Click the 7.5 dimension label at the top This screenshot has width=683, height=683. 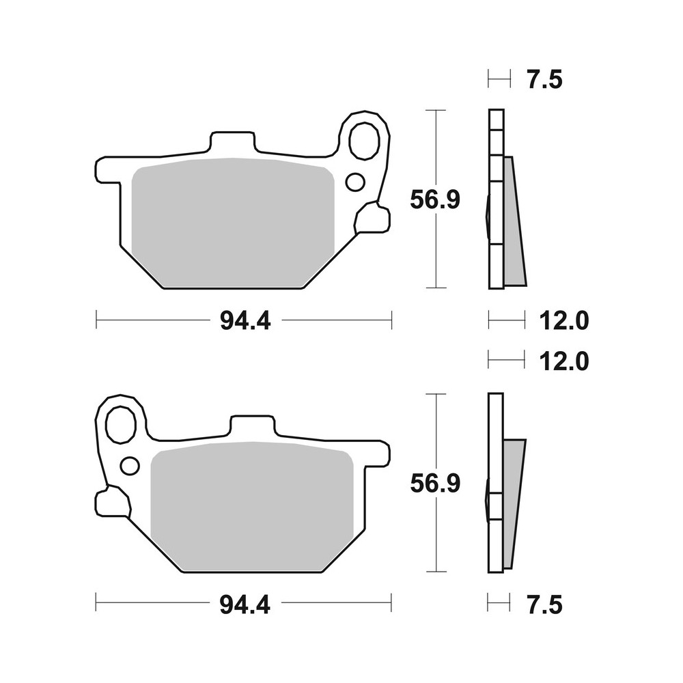point(545,80)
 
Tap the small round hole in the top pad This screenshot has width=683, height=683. point(355,182)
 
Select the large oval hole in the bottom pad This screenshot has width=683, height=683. point(122,424)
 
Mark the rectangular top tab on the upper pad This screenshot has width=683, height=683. point(232,143)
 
